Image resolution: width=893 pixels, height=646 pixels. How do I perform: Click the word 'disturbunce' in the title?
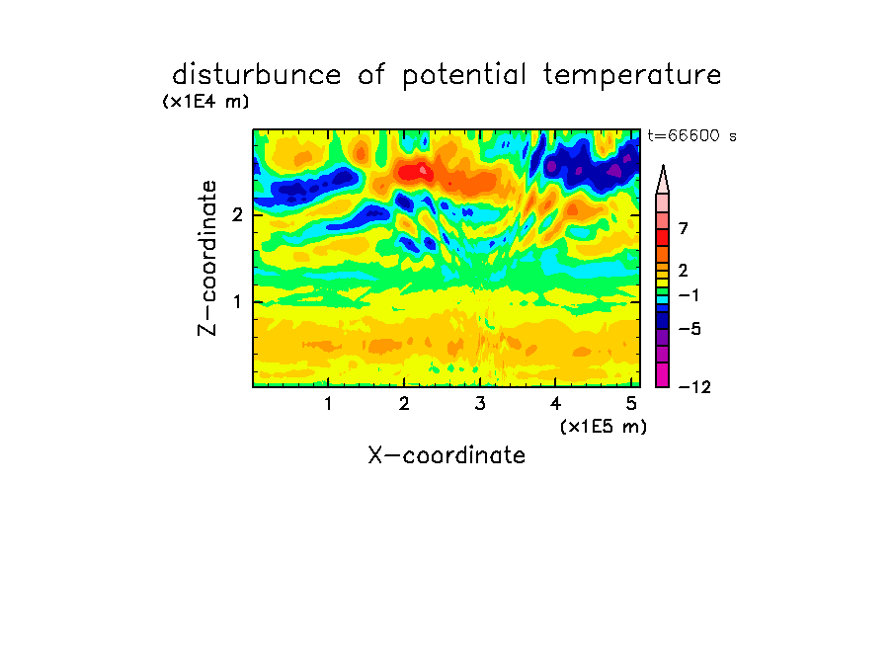point(257,75)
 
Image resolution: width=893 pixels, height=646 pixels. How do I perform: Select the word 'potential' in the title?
point(464,76)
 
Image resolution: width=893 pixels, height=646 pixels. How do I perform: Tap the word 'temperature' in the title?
point(632,76)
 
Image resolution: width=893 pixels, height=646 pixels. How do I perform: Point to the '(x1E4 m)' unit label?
point(205,102)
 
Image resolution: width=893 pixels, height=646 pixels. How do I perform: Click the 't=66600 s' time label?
point(691,135)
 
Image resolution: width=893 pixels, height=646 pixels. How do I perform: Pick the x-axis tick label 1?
point(329,404)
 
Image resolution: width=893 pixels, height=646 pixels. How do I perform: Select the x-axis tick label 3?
point(480,404)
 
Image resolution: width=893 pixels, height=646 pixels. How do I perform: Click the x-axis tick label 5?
point(631,404)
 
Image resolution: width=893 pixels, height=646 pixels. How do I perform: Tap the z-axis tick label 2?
point(237,215)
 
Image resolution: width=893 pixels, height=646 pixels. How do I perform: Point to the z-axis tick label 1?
point(237,301)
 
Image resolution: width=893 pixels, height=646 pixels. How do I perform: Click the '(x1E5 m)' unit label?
point(604,427)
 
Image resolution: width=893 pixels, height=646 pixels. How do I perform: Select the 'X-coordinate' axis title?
point(446,455)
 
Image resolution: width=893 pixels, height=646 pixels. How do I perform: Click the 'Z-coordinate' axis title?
point(207,258)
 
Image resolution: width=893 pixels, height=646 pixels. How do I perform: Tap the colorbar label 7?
point(684,229)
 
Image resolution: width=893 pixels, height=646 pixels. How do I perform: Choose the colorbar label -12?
point(694,387)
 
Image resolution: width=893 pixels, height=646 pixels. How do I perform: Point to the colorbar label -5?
point(690,329)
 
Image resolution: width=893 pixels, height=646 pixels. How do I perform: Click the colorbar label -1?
point(689,295)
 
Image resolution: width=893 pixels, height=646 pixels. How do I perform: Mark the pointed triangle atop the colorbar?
point(663,180)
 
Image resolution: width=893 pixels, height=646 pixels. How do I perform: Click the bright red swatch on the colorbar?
point(663,237)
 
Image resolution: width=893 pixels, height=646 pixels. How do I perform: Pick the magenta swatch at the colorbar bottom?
point(663,374)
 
